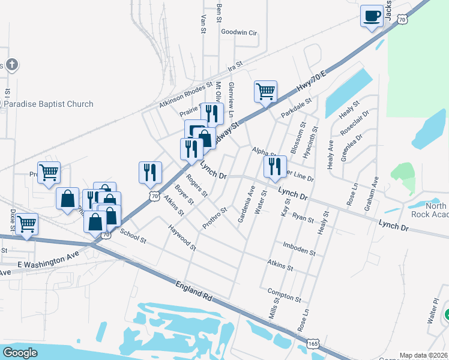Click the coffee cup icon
[x=372, y=16]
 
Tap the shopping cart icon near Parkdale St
[x=265, y=92]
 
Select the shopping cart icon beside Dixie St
[x=26, y=224]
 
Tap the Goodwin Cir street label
[x=238, y=32]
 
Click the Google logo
[x=20, y=352]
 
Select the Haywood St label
[x=182, y=238]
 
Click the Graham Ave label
[x=371, y=194]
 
